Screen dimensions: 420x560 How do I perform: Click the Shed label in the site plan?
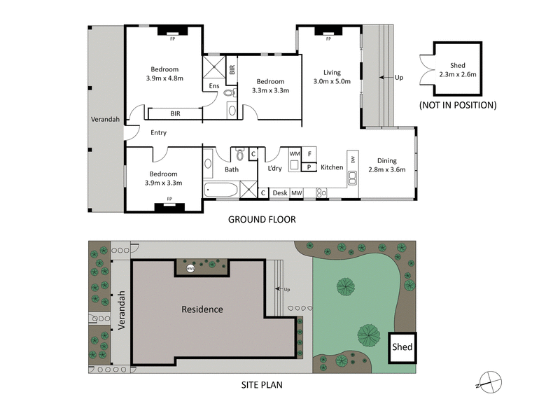tap(402, 346)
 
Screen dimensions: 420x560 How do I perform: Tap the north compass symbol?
tap(489, 381)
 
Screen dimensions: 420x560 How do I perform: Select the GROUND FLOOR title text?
tap(262, 219)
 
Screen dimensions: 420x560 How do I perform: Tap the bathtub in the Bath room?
tap(220, 189)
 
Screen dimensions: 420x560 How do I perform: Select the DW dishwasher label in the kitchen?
tap(353, 159)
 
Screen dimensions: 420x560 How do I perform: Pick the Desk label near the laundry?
tap(280, 192)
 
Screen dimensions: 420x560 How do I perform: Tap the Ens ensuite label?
tap(214, 86)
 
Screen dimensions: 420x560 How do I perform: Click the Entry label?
tap(158, 133)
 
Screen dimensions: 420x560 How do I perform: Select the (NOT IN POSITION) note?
tap(458, 106)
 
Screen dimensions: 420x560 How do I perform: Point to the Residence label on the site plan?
tap(202, 309)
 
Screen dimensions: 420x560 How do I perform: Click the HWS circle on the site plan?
tap(190, 268)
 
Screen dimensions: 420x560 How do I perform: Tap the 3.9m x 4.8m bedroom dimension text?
tap(165, 78)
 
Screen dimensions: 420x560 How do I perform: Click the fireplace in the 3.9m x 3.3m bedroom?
tap(170, 206)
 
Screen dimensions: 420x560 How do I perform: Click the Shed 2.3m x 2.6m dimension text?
tap(458, 73)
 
